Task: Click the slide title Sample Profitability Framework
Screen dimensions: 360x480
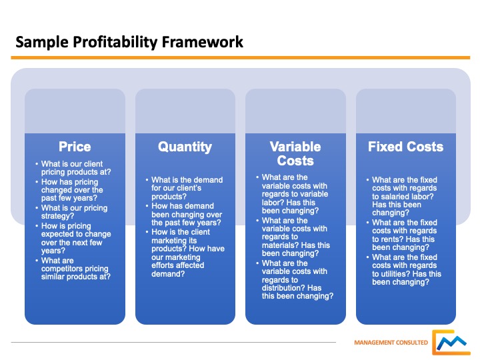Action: (129, 43)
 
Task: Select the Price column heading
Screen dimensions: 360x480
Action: (75, 147)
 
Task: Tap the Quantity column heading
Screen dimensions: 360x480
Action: (185, 147)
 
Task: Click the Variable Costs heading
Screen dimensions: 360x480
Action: (295, 153)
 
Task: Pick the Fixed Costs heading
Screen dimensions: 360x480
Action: (405, 147)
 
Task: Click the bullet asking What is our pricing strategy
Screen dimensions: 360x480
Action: (74, 212)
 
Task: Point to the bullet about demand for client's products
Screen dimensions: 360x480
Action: (187, 189)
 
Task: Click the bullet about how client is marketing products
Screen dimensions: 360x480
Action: (187, 253)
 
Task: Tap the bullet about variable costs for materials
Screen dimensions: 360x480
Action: (295, 237)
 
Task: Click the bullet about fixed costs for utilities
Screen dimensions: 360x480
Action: (406, 269)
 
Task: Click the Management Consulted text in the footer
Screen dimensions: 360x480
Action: (390, 343)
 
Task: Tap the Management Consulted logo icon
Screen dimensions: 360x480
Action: (451, 341)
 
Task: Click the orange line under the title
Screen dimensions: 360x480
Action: (240, 58)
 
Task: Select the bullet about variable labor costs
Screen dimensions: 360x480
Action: (295, 194)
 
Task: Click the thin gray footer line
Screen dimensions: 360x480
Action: (173, 343)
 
